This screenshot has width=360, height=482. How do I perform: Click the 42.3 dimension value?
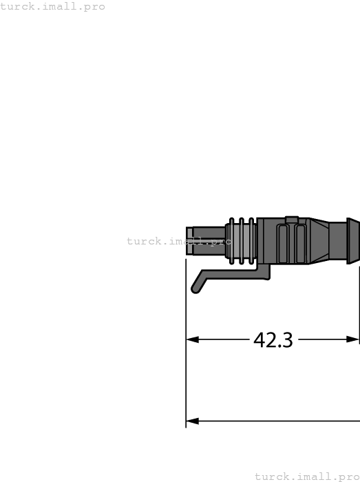273,340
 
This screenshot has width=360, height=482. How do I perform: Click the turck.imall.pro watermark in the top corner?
53,7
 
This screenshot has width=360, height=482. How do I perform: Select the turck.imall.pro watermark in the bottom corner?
307,476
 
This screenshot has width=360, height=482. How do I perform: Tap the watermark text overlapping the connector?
178,241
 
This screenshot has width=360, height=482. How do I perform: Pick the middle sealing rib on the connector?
242,241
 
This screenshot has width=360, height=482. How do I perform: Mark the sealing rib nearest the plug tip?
232,241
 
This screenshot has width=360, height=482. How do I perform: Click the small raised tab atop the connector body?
292,220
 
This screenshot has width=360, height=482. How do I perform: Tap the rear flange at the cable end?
353,241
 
